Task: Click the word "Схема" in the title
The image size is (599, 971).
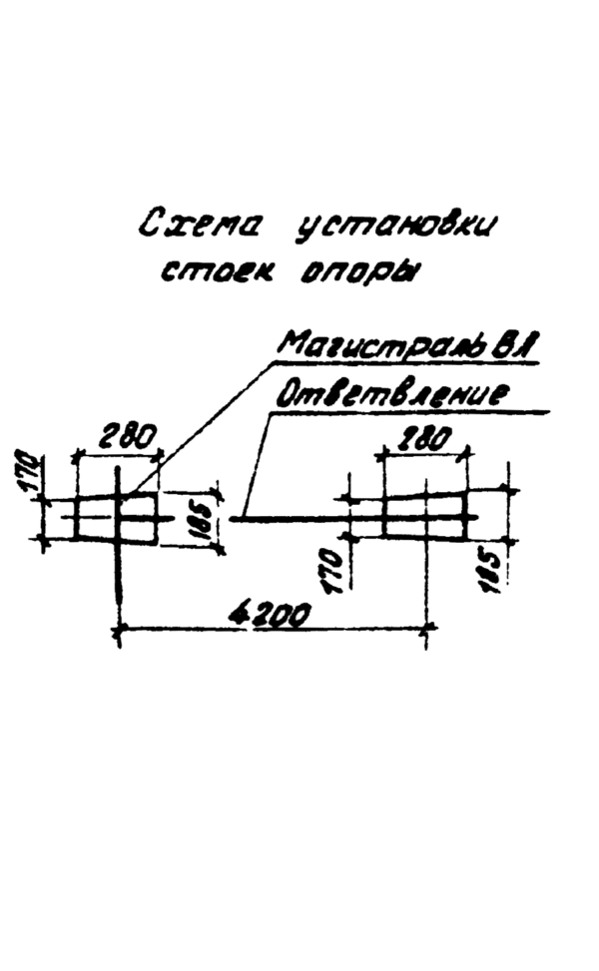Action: (x=200, y=226)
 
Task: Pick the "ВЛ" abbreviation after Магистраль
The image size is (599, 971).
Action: (x=518, y=348)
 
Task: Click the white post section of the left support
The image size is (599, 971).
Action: (x=117, y=517)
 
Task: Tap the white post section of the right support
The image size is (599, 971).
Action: (x=424, y=517)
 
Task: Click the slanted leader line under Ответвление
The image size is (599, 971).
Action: (x=254, y=464)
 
